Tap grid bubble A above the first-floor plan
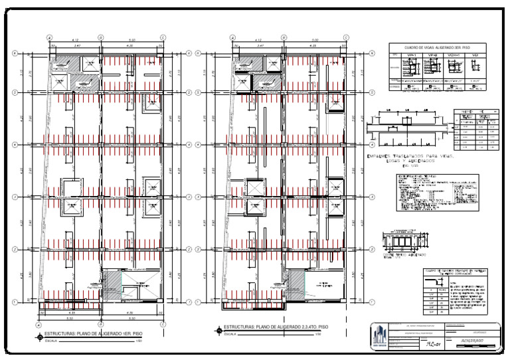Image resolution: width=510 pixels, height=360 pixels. [x=48, y=38]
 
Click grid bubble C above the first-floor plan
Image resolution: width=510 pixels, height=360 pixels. [x=163, y=38]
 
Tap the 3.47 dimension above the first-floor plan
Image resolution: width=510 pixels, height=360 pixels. [x=67, y=46]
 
